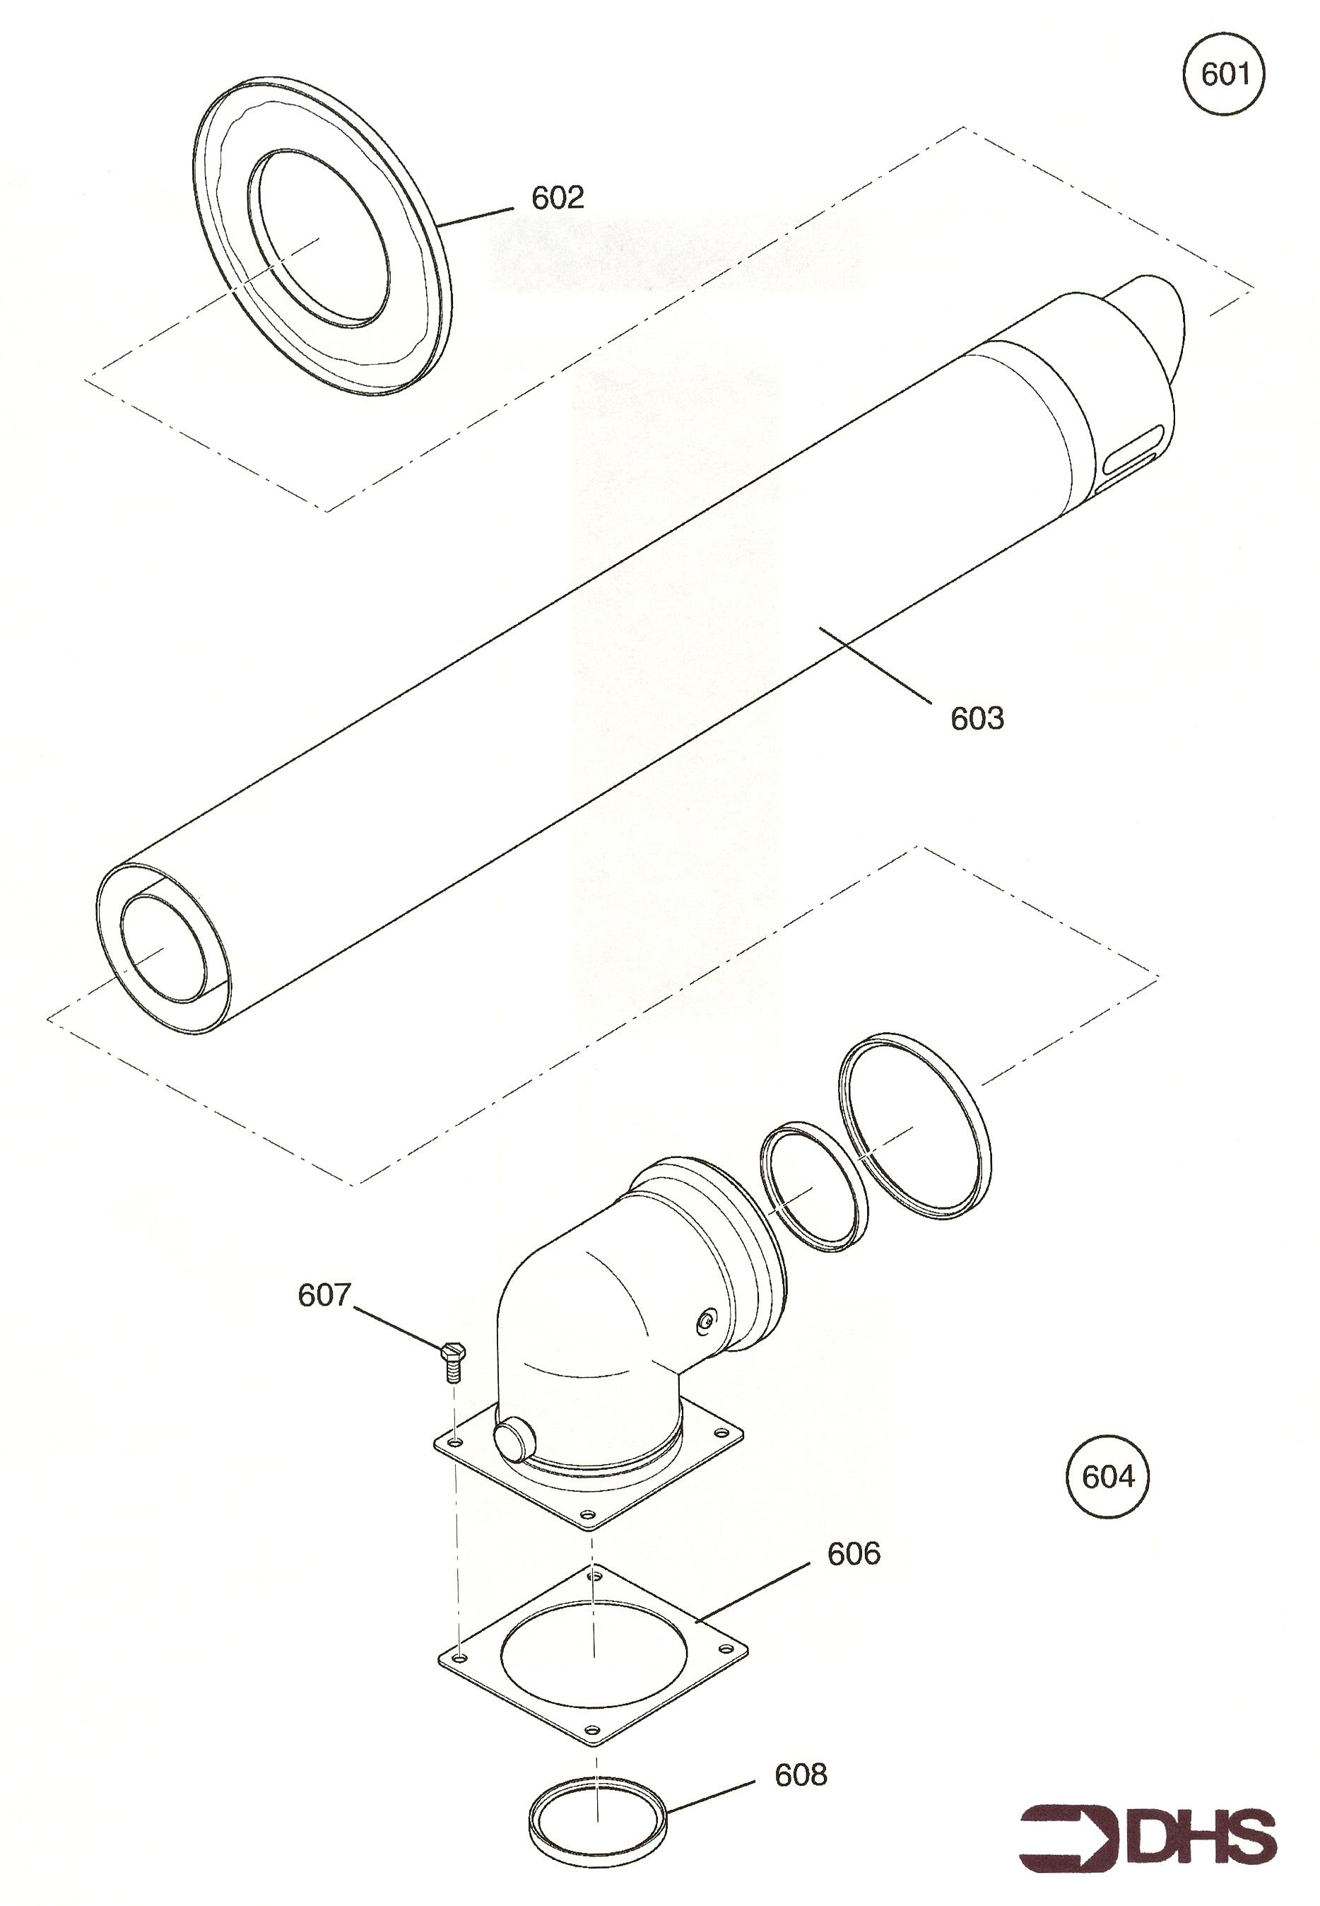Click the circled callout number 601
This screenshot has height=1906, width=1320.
point(1224,75)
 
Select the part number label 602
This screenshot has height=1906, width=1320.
point(558,198)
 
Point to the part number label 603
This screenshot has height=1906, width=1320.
point(977,718)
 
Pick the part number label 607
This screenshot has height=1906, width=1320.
point(324,1294)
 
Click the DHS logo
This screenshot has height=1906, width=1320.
point(1148,1844)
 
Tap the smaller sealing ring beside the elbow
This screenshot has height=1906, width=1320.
point(813,1186)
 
